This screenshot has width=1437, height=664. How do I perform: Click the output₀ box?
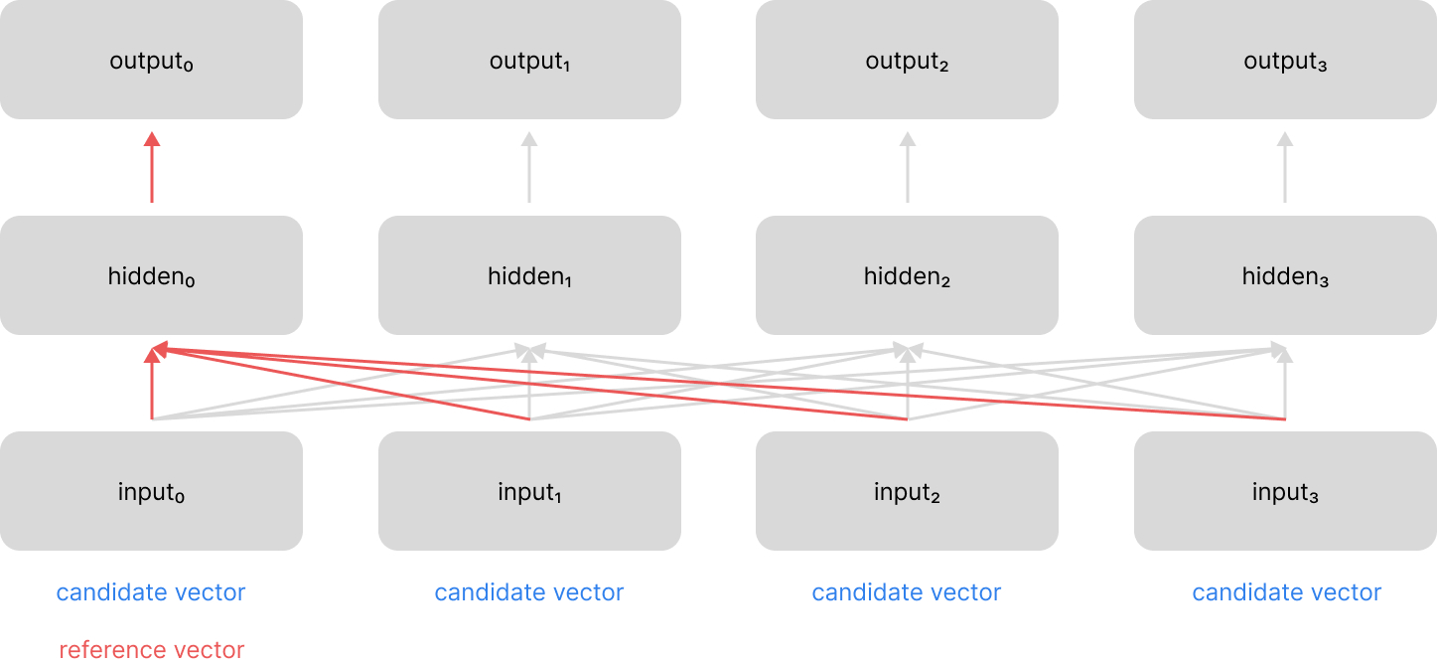click(151, 60)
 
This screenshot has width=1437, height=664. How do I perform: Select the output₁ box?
click(529, 60)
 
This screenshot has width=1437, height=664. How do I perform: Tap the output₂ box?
click(907, 60)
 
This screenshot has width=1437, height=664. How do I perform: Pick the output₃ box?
click(1285, 60)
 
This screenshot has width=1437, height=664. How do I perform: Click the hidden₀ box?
click(151, 275)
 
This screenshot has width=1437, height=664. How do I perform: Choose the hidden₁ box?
click(529, 275)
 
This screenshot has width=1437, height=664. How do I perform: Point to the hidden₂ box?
click(907, 275)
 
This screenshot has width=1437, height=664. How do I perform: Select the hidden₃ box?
click(1285, 275)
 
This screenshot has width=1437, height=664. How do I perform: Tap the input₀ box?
click(151, 491)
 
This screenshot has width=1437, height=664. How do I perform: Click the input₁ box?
click(529, 491)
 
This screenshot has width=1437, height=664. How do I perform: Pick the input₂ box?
click(907, 491)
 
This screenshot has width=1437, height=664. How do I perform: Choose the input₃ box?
click(1285, 491)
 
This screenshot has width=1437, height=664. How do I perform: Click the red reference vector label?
click(151, 650)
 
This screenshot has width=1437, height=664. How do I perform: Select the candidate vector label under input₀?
click(151, 593)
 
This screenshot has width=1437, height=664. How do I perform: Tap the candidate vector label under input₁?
click(529, 593)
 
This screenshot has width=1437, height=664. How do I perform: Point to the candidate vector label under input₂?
click(907, 593)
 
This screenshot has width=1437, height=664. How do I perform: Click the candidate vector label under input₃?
click(1286, 593)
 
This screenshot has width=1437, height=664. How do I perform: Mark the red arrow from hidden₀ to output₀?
click(152, 169)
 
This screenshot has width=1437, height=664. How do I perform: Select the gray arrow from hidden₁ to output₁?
click(529, 169)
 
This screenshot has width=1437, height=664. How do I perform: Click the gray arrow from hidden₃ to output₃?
click(1285, 169)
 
